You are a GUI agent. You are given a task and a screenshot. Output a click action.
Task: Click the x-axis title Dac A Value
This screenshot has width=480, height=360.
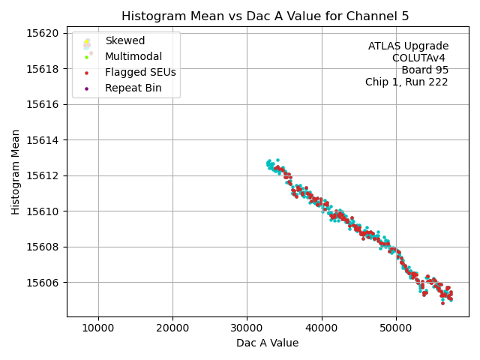[x=267, y=343]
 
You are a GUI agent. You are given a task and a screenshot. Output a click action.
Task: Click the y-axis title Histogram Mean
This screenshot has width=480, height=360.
[x=16, y=172]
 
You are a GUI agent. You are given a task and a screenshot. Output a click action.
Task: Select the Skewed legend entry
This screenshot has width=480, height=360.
[x=124, y=40]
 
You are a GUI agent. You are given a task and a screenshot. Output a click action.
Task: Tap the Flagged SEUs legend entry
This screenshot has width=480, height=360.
[x=140, y=73]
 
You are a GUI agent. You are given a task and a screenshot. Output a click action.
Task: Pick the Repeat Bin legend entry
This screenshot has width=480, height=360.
[x=133, y=88]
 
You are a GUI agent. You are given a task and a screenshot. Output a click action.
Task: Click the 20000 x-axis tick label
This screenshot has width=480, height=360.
[x=172, y=328]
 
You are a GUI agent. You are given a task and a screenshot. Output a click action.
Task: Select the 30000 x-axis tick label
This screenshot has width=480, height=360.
[x=247, y=328]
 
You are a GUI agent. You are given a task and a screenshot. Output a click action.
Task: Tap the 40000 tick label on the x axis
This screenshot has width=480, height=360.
[x=322, y=328]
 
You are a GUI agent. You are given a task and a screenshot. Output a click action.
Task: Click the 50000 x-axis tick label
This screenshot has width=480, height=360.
[x=396, y=328]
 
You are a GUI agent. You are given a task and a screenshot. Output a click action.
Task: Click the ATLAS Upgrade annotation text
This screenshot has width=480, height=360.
[x=408, y=46]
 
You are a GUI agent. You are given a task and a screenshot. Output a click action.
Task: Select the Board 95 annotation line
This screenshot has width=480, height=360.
[x=424, y=70]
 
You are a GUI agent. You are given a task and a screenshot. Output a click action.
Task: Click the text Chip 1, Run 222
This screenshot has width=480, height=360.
[x=406, y=82]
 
